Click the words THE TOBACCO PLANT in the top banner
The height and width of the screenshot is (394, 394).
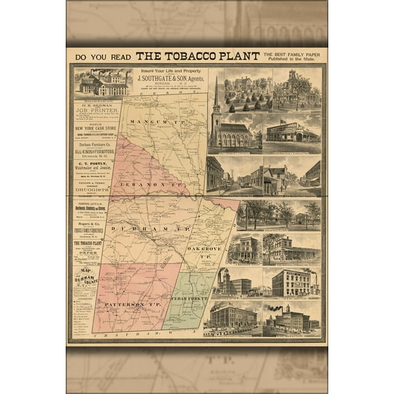[x=198, y=56]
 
